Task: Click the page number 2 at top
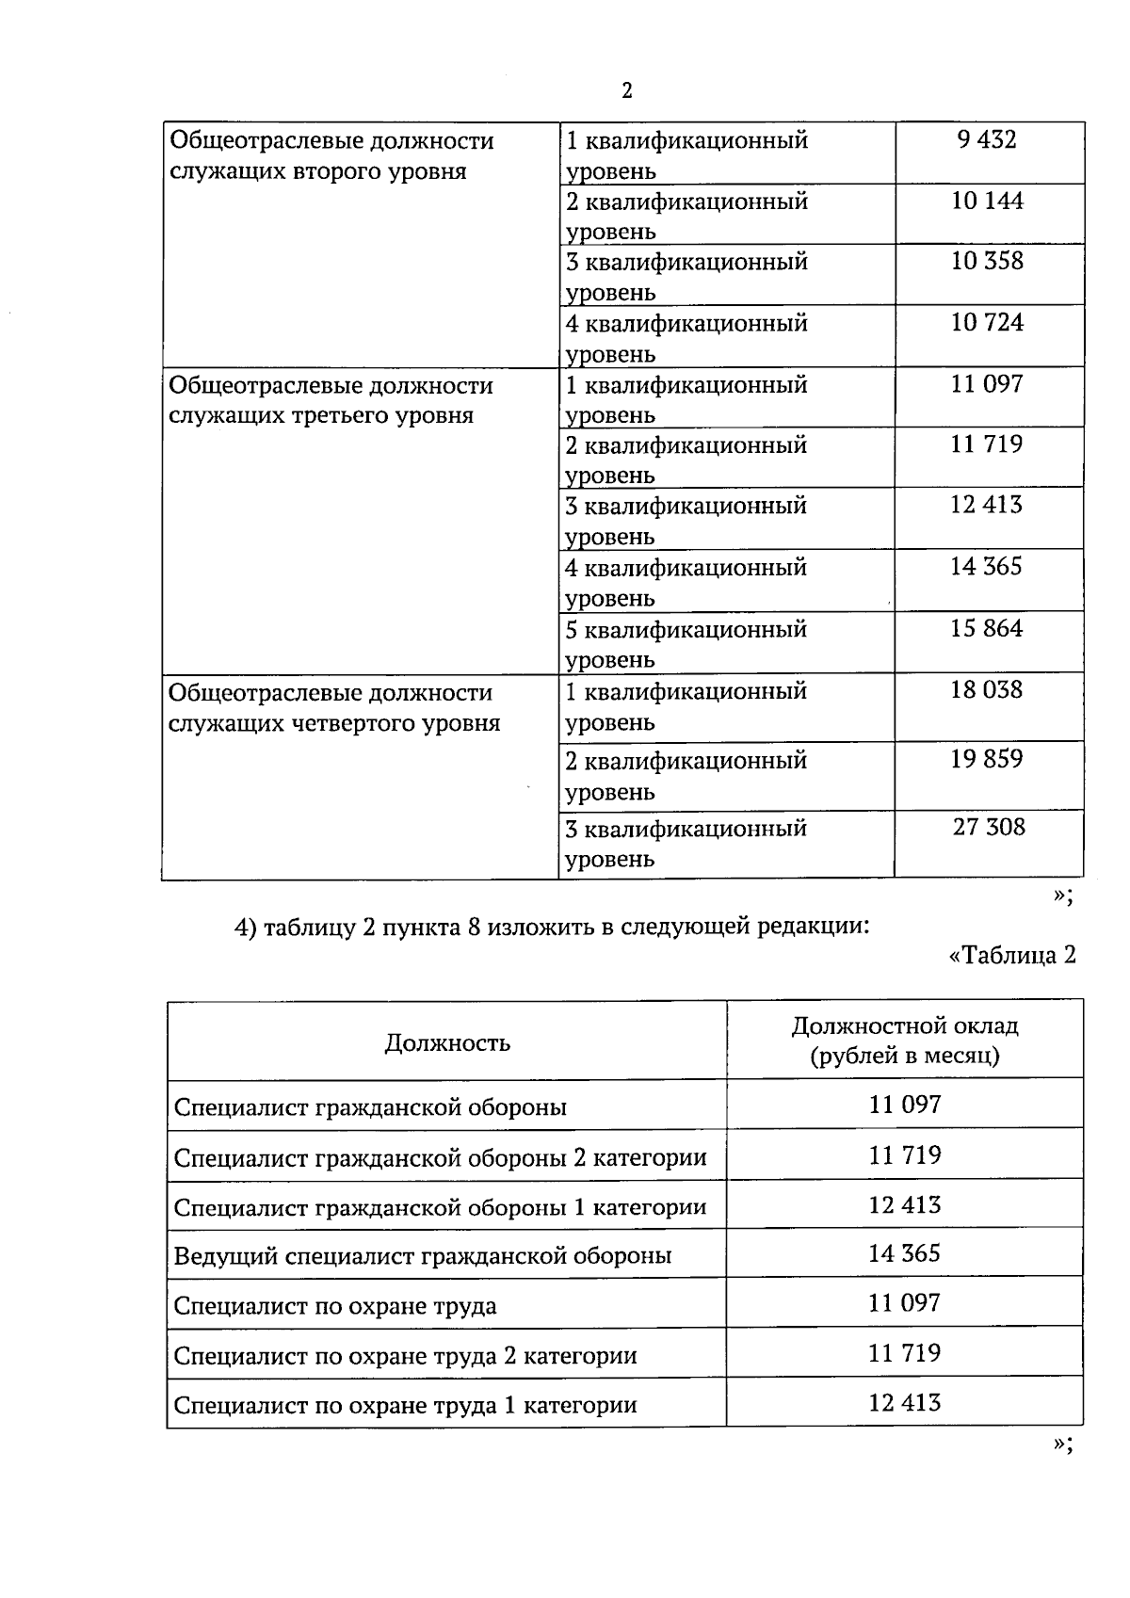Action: (x=627, y=91)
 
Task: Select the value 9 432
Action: (x=986, y=140)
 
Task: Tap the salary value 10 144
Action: (x=986, y=201)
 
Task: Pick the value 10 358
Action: (x=986, y=261)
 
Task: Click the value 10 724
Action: (x=986, y=323)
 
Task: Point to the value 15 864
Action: (x=986, y=629)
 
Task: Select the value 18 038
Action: (x=986, y=690)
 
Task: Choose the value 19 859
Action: (x=986, y=759)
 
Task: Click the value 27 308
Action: (x=988, y=828)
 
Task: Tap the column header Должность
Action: (x=447, y=1042)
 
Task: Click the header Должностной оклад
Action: (x=904, y=1025)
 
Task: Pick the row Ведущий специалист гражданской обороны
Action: (x=423, y=1256)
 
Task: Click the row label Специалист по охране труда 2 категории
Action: (x=405, y=1356)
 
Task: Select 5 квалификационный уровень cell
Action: (x=686, y=643)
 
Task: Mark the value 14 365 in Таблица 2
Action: (x=904, y=1254)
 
